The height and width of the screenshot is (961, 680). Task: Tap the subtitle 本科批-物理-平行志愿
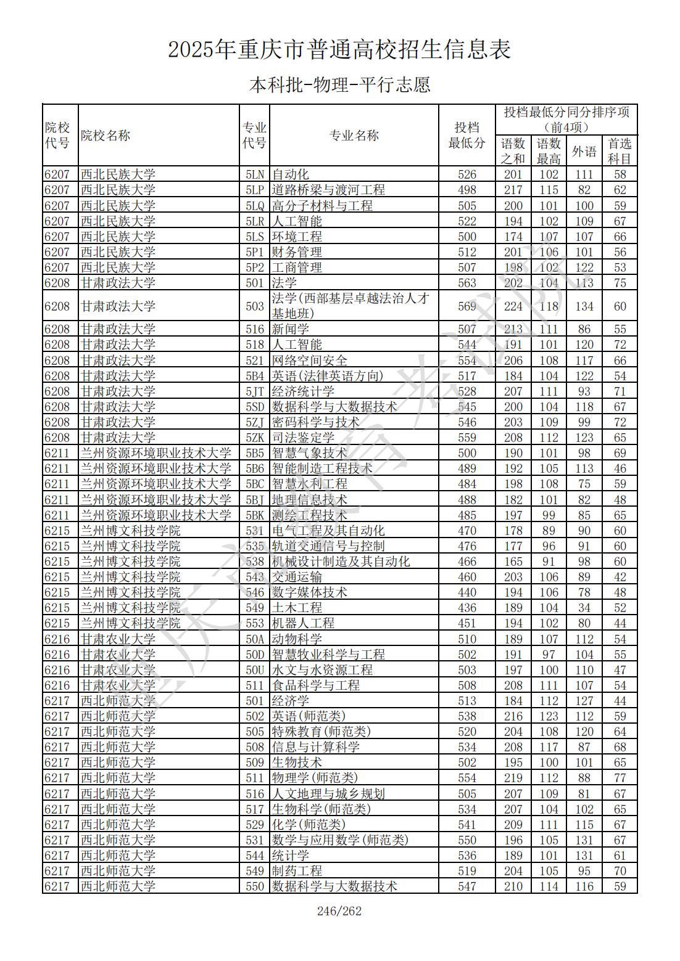pyautogui.click(x=339, y=84)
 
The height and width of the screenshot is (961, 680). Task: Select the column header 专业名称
pyautogui.click(x=354, y=136)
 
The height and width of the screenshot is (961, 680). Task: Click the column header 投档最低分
pyautogui.click(x=466, y=136)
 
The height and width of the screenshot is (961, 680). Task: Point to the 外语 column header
pyautogui.click(x=584, y=152)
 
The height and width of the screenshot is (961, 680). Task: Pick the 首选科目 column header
pyautogui.click(x=620, y=152)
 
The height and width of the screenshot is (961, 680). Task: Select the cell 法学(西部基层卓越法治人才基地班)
pyautogui.click(x=350, y=306)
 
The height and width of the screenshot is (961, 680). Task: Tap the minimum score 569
pyautogui.click(x=467, y=306)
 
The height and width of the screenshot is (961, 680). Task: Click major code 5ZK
pyautogui.click(x=255, y=438)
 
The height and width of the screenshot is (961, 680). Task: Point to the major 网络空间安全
pyautogui.click(x=310, y=361)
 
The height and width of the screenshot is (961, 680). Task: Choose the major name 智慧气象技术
pyautogui.click(x=310, y=453)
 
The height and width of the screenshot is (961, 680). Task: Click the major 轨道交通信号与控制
pyautogui.click(x=328, y=546)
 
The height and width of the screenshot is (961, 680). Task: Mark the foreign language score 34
pyautogui.click(x=584, y=608)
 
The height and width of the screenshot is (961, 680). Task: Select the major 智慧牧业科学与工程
pyautogui.click(x=328, y=655)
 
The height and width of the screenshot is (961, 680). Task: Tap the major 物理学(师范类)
pyautogui.click(x=315, y=778)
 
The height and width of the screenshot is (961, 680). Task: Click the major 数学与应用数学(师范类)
pyautogui.click(x=340, y=840)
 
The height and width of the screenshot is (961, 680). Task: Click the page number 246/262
pyautogui.click(x=339, y=911)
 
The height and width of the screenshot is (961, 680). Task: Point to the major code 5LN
pyautogui.click(x=255, y=174)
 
